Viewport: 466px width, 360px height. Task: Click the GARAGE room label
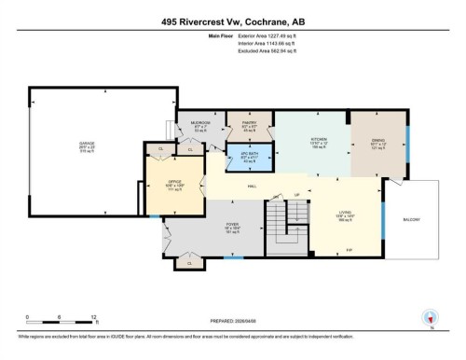86,144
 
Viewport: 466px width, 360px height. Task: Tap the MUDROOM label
201,122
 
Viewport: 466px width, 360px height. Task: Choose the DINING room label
378,141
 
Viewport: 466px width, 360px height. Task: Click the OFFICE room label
172,182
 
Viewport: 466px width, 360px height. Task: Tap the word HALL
252,187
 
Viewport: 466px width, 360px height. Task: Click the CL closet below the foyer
190,264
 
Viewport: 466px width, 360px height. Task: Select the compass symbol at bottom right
430,317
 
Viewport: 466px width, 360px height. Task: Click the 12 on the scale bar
94,317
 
